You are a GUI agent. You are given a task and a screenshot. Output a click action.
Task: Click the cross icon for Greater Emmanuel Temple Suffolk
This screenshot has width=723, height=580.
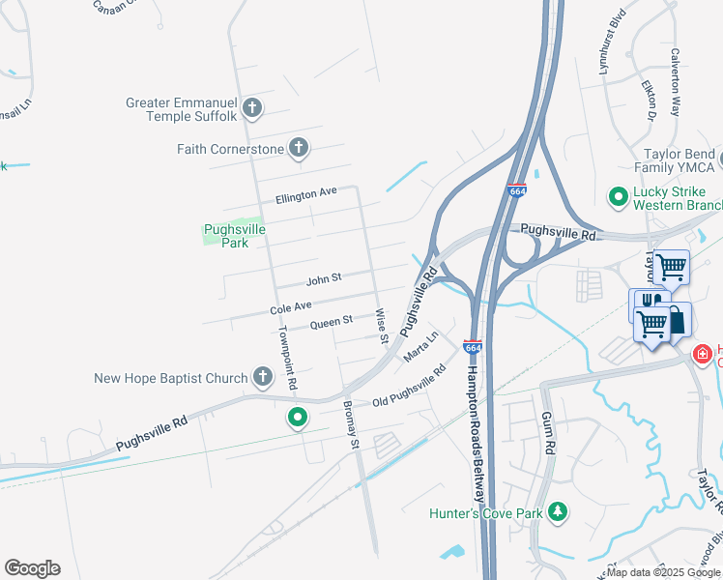click(x=252, y=107)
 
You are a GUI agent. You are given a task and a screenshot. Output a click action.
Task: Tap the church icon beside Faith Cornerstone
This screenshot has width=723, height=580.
click(x=299, y=149)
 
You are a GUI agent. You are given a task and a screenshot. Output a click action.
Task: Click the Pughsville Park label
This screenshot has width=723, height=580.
click(x=227, y=236)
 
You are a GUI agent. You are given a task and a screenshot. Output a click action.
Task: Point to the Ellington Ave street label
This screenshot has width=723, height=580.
click(x=305, y=195)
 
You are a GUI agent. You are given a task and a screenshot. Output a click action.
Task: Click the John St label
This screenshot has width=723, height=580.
click(x=324, y=280)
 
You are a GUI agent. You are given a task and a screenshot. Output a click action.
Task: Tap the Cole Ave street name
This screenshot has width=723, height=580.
click(x=290, y=308)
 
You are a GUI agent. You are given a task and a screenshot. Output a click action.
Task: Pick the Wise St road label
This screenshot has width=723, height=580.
click(x=382, y=327)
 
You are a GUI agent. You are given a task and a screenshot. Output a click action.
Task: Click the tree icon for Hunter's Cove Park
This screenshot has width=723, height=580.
click(x=557, y=511)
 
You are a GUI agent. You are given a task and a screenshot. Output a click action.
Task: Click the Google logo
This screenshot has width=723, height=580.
click(x=32, y=568)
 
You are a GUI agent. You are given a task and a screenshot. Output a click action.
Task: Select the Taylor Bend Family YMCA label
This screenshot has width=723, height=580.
click(x=680, y=161)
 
